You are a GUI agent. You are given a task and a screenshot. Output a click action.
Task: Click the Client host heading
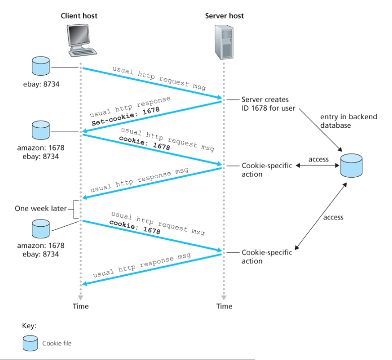click(x=79, y=16)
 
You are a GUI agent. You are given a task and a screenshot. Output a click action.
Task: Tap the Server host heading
click(x=224, y=16)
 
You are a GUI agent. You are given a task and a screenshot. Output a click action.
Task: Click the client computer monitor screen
click(x=79, y=35)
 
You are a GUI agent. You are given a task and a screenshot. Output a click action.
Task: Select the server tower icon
click(x=224, y=42)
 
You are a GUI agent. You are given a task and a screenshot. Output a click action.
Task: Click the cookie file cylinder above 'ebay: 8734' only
click(x=41, y=66)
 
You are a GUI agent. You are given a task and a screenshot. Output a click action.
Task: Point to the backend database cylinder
click(x=351, y=166)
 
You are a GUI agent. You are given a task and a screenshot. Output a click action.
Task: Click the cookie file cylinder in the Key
click(x=30, y=343)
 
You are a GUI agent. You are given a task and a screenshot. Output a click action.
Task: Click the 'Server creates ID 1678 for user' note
click(x=268, y=104)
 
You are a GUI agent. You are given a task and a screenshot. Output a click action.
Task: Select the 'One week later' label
click(x=40, y=209)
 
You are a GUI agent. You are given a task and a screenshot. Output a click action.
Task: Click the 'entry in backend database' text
click(x=349, y=121)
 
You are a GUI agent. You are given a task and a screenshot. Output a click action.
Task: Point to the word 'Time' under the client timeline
click(x=81, y=306)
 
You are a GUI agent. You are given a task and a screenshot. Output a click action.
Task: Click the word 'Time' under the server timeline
click(x=224, y=306)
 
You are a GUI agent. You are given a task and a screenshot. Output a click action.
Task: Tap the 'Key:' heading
click(x=29, y=326)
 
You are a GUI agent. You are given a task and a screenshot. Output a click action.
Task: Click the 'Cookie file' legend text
click(x=57, y=343)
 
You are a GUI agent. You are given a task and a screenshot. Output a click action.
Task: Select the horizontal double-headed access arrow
click(x=317, y=166)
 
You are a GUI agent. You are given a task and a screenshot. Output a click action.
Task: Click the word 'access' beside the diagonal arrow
click(x=333, y=217)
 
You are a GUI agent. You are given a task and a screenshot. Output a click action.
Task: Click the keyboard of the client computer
click(x=83, y=52)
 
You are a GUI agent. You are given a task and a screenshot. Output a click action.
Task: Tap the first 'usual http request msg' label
click(x=159, y=78)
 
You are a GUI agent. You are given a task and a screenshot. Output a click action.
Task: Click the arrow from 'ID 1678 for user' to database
click(x=321, y=130)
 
